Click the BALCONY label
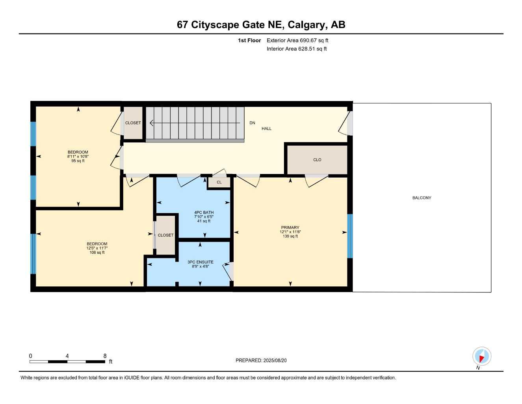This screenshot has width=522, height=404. pos(422,198)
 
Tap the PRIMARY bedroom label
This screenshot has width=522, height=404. pos(290,227)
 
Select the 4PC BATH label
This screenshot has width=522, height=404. pos(204,212)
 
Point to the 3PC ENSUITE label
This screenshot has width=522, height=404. pos(201,262)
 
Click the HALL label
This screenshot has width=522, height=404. pos(266,128)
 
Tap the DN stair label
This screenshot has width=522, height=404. pos(252,123)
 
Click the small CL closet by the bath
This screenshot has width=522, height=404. pos(219,182)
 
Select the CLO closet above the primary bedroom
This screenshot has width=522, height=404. pos(317,160)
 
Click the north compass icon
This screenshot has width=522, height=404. pos(482,356)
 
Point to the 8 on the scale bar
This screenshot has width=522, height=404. pos(105,355)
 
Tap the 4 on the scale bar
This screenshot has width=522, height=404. pos(67,355)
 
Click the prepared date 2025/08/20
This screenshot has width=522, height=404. pos(275,360)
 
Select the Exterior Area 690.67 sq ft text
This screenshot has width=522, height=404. pos(297,40)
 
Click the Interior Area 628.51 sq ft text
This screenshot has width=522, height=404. pos(297,49)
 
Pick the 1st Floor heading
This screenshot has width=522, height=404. pos(249,40)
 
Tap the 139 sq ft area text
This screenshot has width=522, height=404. pos(290,236)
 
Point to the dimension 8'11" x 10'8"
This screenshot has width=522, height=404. pos(78,156)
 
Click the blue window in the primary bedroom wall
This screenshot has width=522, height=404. pos(350,236)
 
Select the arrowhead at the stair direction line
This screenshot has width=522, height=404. pos(151,123)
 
